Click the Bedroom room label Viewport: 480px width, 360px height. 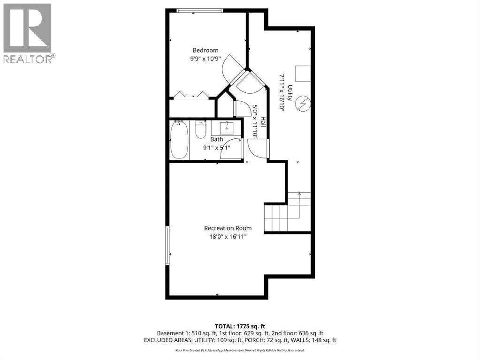(x=206, y=51)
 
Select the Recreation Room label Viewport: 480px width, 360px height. (x=228, y=228)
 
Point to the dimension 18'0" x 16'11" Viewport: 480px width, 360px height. (x=228, y=237)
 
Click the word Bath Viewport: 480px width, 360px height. (x=216, y=139)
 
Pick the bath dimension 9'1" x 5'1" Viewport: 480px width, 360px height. (x=216, y=148)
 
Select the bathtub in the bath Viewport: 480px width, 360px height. (x=179, y=140)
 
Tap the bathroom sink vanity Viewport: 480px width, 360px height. (x=226, y=127)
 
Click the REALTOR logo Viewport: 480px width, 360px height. (x=28, y=33)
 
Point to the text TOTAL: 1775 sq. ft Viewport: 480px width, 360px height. (x=240, y=325)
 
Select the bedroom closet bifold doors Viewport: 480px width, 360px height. (x=191, y=95)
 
